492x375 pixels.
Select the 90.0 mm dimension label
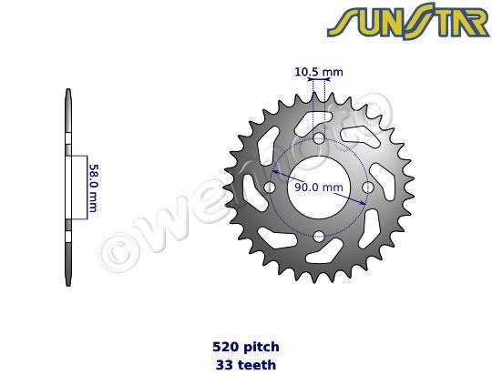point(318,187)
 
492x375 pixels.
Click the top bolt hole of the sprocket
point(318,138)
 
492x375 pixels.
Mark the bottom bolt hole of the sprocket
point(318,237)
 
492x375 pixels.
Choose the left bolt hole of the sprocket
point(269,187)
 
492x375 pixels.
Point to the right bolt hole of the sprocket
point(367,187)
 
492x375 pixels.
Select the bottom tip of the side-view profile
point(68,283)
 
